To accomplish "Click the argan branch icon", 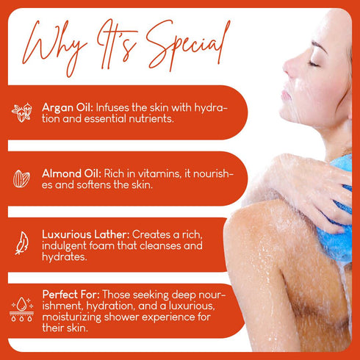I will [21, 112].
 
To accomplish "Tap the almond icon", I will [21, 179].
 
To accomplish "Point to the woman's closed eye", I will [317, 64].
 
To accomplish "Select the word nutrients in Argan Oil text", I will [151, 118].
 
